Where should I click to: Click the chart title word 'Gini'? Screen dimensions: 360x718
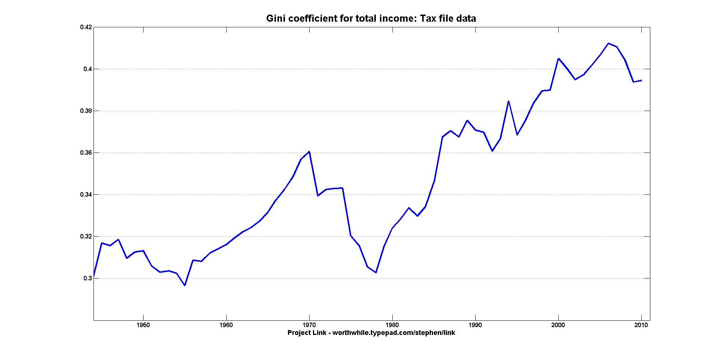click(x=274, y=18)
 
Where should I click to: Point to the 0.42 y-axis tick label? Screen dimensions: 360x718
click(x=86, y=27)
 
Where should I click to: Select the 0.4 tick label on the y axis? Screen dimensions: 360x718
click(x=88, y=69)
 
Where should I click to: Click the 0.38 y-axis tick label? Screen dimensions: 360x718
click(x=86, y=111)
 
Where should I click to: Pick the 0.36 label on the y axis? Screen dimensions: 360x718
click(x=86, y=153)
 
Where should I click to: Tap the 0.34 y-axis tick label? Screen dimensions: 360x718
click(x=86, y=194)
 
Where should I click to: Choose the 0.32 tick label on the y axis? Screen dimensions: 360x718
click(x=86, y=236)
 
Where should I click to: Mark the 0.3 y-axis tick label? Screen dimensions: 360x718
click(x=88, y=278)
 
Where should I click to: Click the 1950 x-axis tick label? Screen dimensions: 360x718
click(x=143, y=325)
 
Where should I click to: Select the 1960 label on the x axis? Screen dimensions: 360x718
click(x=226, y=325)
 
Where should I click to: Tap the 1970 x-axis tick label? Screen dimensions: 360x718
click(x=309, y=325)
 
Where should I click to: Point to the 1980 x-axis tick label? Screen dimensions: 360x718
click(x=392, y=325)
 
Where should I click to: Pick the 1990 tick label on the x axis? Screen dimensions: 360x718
click(x=475, y=325)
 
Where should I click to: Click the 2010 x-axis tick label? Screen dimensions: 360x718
click(x=641, y=325)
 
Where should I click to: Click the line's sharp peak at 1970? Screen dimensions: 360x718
click(x=309, y=151)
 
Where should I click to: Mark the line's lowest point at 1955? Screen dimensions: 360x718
click(x=185, y=286)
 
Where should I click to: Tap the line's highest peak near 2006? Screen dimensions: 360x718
click(x=608, y=43)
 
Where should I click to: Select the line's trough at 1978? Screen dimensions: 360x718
click(x=376, y=273)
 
